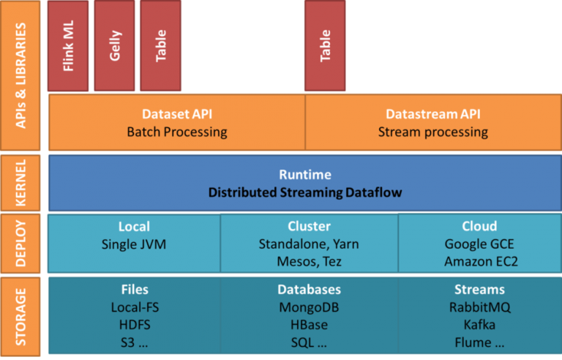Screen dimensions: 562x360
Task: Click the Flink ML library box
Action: click(x=68, y=45)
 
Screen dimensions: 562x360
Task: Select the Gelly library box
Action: click(x=114, y=45)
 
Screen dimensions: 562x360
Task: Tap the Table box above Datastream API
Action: click(x=325, y=45)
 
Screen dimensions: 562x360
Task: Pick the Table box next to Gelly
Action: click(x=160, y=45)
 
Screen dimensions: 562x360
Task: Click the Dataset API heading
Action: click(x=177, y=114)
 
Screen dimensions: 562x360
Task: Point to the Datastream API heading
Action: click(x=433, y=114)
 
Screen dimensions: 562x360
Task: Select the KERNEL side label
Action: click(x=20, y=183)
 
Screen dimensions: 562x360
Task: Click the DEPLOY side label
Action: click(x=20, y=244)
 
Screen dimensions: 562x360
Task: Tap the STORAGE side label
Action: click(x=20, y=317)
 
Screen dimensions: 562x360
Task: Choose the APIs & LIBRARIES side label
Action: click(x=20, y=75)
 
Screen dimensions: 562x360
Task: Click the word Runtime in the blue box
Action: click(x=305, y=175)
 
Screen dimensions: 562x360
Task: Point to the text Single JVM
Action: click(x=134, y=244)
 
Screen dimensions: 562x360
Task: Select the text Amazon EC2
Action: click(x=481, y=261)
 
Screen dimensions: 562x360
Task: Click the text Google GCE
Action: click(x=479, y=244)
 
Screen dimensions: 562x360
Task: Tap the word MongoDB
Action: click(x=309, y=307)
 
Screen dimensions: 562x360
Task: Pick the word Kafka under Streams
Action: click(x=479, y=325)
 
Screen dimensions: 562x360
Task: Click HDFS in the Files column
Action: click(x=135, y=325)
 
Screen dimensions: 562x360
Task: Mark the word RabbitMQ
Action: click(x=480, y=307)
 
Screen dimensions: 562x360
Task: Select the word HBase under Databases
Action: click(x=309, y=325)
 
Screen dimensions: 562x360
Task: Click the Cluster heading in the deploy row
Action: click(x=309, y=226)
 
